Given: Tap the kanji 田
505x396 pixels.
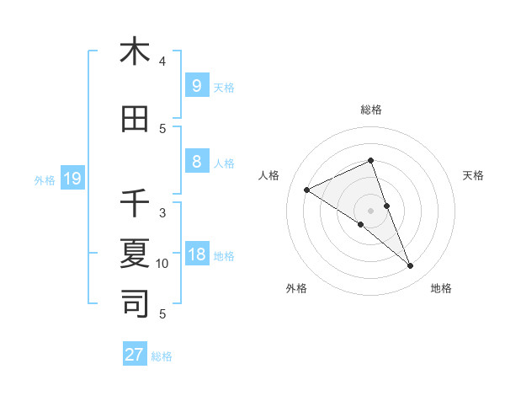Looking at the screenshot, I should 135,119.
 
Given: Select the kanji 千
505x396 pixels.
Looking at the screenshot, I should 135,202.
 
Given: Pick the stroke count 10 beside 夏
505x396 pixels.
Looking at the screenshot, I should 162,264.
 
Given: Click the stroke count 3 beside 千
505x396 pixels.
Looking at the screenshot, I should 162,212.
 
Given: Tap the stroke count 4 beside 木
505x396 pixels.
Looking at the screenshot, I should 162,62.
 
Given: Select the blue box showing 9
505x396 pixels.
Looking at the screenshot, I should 196,85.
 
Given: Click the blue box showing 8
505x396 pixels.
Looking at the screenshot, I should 196,162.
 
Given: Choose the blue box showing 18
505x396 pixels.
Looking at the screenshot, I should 196,254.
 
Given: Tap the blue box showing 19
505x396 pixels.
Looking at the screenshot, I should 72,178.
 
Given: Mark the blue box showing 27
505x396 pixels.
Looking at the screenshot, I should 134,355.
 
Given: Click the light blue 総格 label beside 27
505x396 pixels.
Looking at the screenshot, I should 162,356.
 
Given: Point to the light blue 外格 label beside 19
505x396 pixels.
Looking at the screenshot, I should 45,179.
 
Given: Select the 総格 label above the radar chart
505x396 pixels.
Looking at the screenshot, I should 370,110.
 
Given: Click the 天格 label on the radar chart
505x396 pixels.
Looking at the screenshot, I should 473,175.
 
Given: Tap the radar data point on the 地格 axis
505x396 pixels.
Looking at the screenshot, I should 411,266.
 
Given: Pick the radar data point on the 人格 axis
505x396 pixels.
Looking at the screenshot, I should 306,190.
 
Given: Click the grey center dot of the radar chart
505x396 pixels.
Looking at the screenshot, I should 370,211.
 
